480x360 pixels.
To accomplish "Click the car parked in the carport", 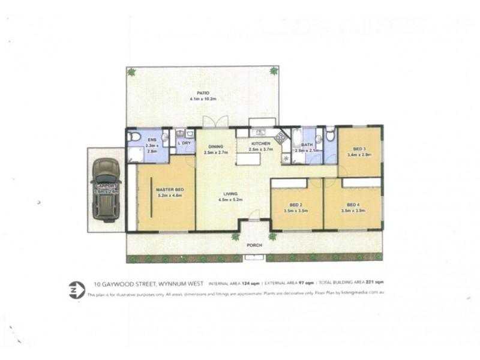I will tap(107, 190).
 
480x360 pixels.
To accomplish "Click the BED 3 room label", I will tap(359, 149).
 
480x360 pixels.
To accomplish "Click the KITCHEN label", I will tap(260, 144).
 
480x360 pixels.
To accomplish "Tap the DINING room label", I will tap(216, 147).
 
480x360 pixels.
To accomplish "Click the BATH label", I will tap(307, 145).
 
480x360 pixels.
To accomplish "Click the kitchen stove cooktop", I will tap(281, 136).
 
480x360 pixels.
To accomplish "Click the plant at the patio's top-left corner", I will tap(131, 71).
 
